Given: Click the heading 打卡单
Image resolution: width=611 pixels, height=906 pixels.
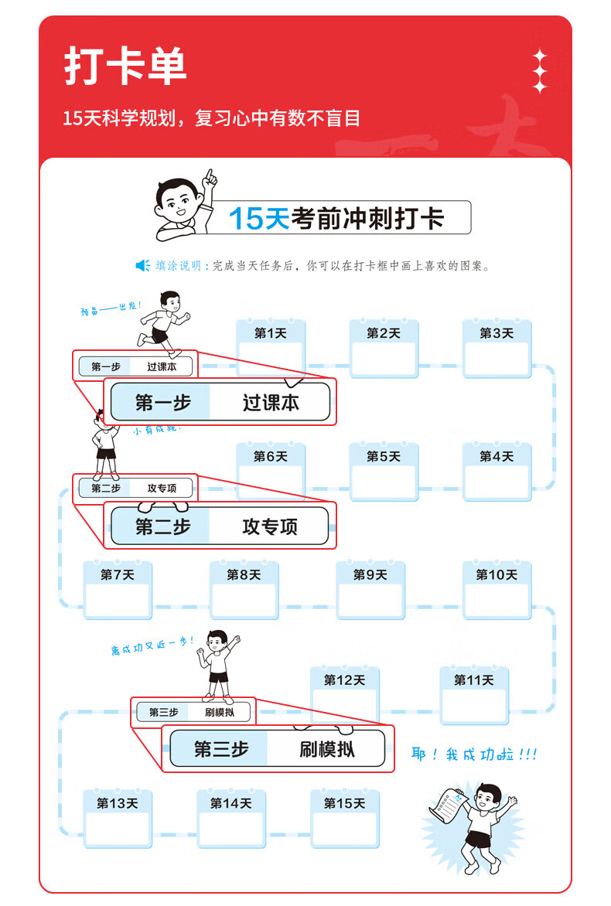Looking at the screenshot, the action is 125,67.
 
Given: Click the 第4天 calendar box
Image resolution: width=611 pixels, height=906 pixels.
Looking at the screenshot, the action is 497,472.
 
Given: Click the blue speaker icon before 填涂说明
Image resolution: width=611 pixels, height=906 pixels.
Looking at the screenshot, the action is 142,266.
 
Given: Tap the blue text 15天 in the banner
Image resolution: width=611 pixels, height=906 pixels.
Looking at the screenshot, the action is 258,219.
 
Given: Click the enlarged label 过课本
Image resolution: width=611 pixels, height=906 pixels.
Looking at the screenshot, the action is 270,403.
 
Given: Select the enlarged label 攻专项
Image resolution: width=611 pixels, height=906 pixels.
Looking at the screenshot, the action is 270,527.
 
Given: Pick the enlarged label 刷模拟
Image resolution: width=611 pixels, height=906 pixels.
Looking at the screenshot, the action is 326,749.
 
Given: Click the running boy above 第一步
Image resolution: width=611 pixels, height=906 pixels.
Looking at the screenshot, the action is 163,318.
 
